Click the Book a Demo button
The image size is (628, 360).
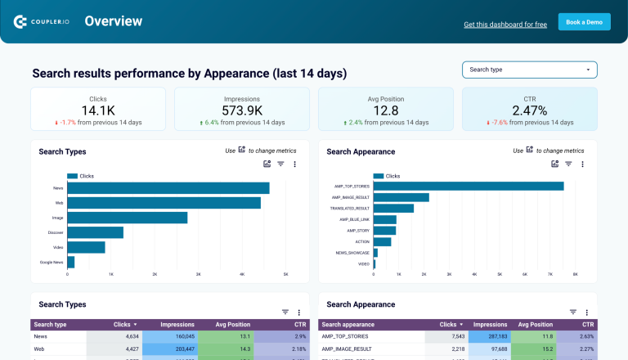[x=584, y=22]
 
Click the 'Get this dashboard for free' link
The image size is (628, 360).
[x=505, y=25]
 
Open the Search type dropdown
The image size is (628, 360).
[x=529, y=70]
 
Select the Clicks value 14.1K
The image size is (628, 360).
[x=98, y=110]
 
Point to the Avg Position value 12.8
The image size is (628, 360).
[x=386, y=110]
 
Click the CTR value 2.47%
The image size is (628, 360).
[x=529, y=110]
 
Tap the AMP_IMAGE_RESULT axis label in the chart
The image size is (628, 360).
[x=352, y=197]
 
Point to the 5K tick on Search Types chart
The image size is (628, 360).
[x=285, y=275]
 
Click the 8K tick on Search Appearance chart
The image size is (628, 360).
[x=575, y=275]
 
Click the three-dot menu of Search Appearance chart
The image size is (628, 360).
[x=582, y=164]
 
